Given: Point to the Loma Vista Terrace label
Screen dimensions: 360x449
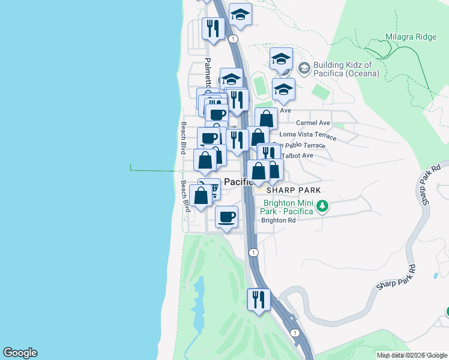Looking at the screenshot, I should tap(304, 134).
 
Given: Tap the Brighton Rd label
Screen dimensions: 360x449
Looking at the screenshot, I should tap(279, 220).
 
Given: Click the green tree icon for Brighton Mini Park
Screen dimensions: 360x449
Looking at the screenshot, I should tap(323, 206).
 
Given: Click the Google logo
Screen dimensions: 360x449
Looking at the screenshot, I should tap(20, 353).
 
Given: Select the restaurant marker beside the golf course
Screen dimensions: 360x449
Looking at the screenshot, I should tap(259, 299).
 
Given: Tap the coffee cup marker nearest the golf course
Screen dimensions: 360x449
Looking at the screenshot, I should tap(226, 217).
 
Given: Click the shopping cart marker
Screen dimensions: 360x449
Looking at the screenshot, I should tap(209, 190).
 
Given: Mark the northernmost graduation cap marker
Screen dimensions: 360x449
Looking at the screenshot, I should tap(240, 14).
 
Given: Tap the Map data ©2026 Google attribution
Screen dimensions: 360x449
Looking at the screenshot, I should tap(412, 355).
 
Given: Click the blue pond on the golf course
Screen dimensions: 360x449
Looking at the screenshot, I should tap(199, 306).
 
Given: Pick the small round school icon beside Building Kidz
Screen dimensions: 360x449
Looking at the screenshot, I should tap(304, 68).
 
